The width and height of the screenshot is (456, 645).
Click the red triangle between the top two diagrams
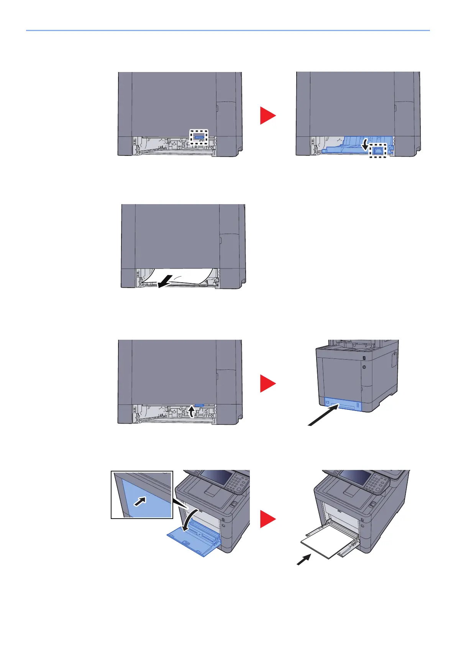tap(267, 115)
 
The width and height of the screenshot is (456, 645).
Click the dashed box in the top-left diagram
tap(199, 137)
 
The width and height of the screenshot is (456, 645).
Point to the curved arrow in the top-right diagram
tap(366, 144)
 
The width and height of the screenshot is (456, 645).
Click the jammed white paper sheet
tap(180, 277)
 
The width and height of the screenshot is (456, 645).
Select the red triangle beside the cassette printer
tap(267, 383)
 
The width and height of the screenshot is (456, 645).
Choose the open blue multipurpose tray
tap(194, 540)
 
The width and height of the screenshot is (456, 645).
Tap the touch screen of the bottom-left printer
tap(215, 478)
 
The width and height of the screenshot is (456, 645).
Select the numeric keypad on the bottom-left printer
tap(236, 483)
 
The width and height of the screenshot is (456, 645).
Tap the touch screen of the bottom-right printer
tap(355, 478)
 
